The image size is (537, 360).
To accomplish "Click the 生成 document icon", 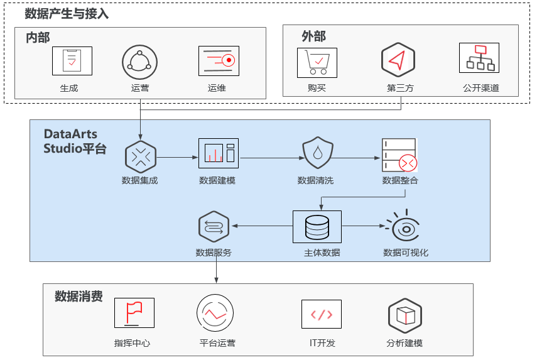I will tap(72, 62).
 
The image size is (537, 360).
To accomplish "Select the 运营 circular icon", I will tap(139, 62).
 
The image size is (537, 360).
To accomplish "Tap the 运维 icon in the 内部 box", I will tap(219, 61).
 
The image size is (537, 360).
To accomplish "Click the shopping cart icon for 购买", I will tap(317, 62).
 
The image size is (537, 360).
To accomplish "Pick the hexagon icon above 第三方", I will tap(398, 60).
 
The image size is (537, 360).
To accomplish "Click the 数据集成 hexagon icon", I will tap(140, 156).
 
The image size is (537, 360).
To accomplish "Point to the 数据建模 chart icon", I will tap(219, 153).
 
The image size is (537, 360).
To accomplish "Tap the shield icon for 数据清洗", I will tap(317, 153).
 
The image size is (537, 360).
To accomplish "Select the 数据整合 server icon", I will tap(399, 155).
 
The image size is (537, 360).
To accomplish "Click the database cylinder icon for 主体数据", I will tap(317, 227).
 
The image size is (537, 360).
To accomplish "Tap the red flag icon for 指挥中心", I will tap(134, 312).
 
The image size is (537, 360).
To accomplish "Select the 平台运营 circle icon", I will tap(215, 312).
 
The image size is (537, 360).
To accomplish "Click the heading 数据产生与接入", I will tap(67, 14).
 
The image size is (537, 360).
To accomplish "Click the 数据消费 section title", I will tap(79, 296).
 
